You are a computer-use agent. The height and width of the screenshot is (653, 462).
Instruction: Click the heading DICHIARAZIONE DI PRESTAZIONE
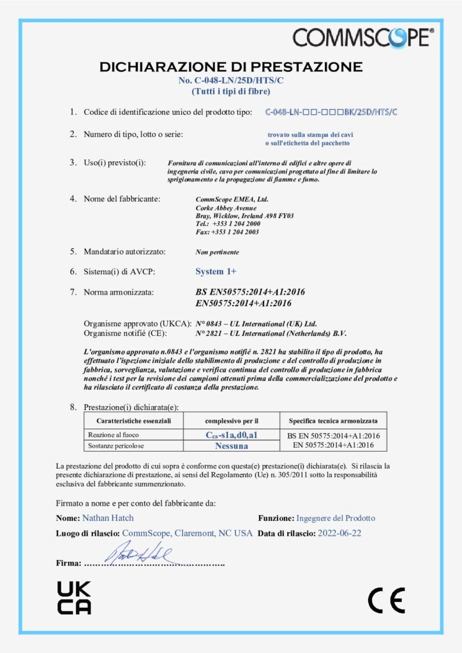click(x=231, y=66)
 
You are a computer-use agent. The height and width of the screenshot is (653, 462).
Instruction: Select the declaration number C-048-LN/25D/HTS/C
click(x=231, y=80)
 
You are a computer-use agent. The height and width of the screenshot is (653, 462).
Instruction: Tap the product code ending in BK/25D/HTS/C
click(x=331, y=112)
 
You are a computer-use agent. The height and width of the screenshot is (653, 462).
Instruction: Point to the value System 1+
click(x=216, y=271)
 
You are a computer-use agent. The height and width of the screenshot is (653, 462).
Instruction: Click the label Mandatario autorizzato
click(x=125, y=252)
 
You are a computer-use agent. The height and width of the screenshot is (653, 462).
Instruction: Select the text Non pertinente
click(x=214, y=253)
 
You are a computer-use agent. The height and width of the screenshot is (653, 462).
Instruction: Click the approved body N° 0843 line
click(x=255, y=323)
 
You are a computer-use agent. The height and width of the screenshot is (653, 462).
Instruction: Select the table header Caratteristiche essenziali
click(x=134, y=421)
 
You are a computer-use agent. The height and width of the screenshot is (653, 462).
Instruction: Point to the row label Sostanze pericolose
click(x=115, y=446)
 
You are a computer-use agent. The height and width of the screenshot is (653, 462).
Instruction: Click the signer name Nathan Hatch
click(x=108, y=518)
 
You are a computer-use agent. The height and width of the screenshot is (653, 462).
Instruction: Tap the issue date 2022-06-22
click(x=339, y=533)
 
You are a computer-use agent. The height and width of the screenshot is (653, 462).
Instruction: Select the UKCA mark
click(x=74, y=598)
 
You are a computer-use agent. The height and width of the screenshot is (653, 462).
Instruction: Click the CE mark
click(x=386, y=599)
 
